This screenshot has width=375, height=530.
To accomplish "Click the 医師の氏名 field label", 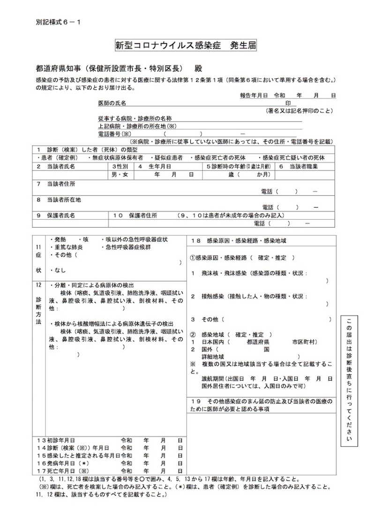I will (112, 102).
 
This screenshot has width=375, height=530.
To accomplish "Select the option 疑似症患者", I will (168, 157).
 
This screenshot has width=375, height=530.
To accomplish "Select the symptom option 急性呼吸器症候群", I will (124, 247).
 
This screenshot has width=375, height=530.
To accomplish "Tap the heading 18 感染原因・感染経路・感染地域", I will (239, 240).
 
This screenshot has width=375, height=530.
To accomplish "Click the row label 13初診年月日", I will (56, 441).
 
